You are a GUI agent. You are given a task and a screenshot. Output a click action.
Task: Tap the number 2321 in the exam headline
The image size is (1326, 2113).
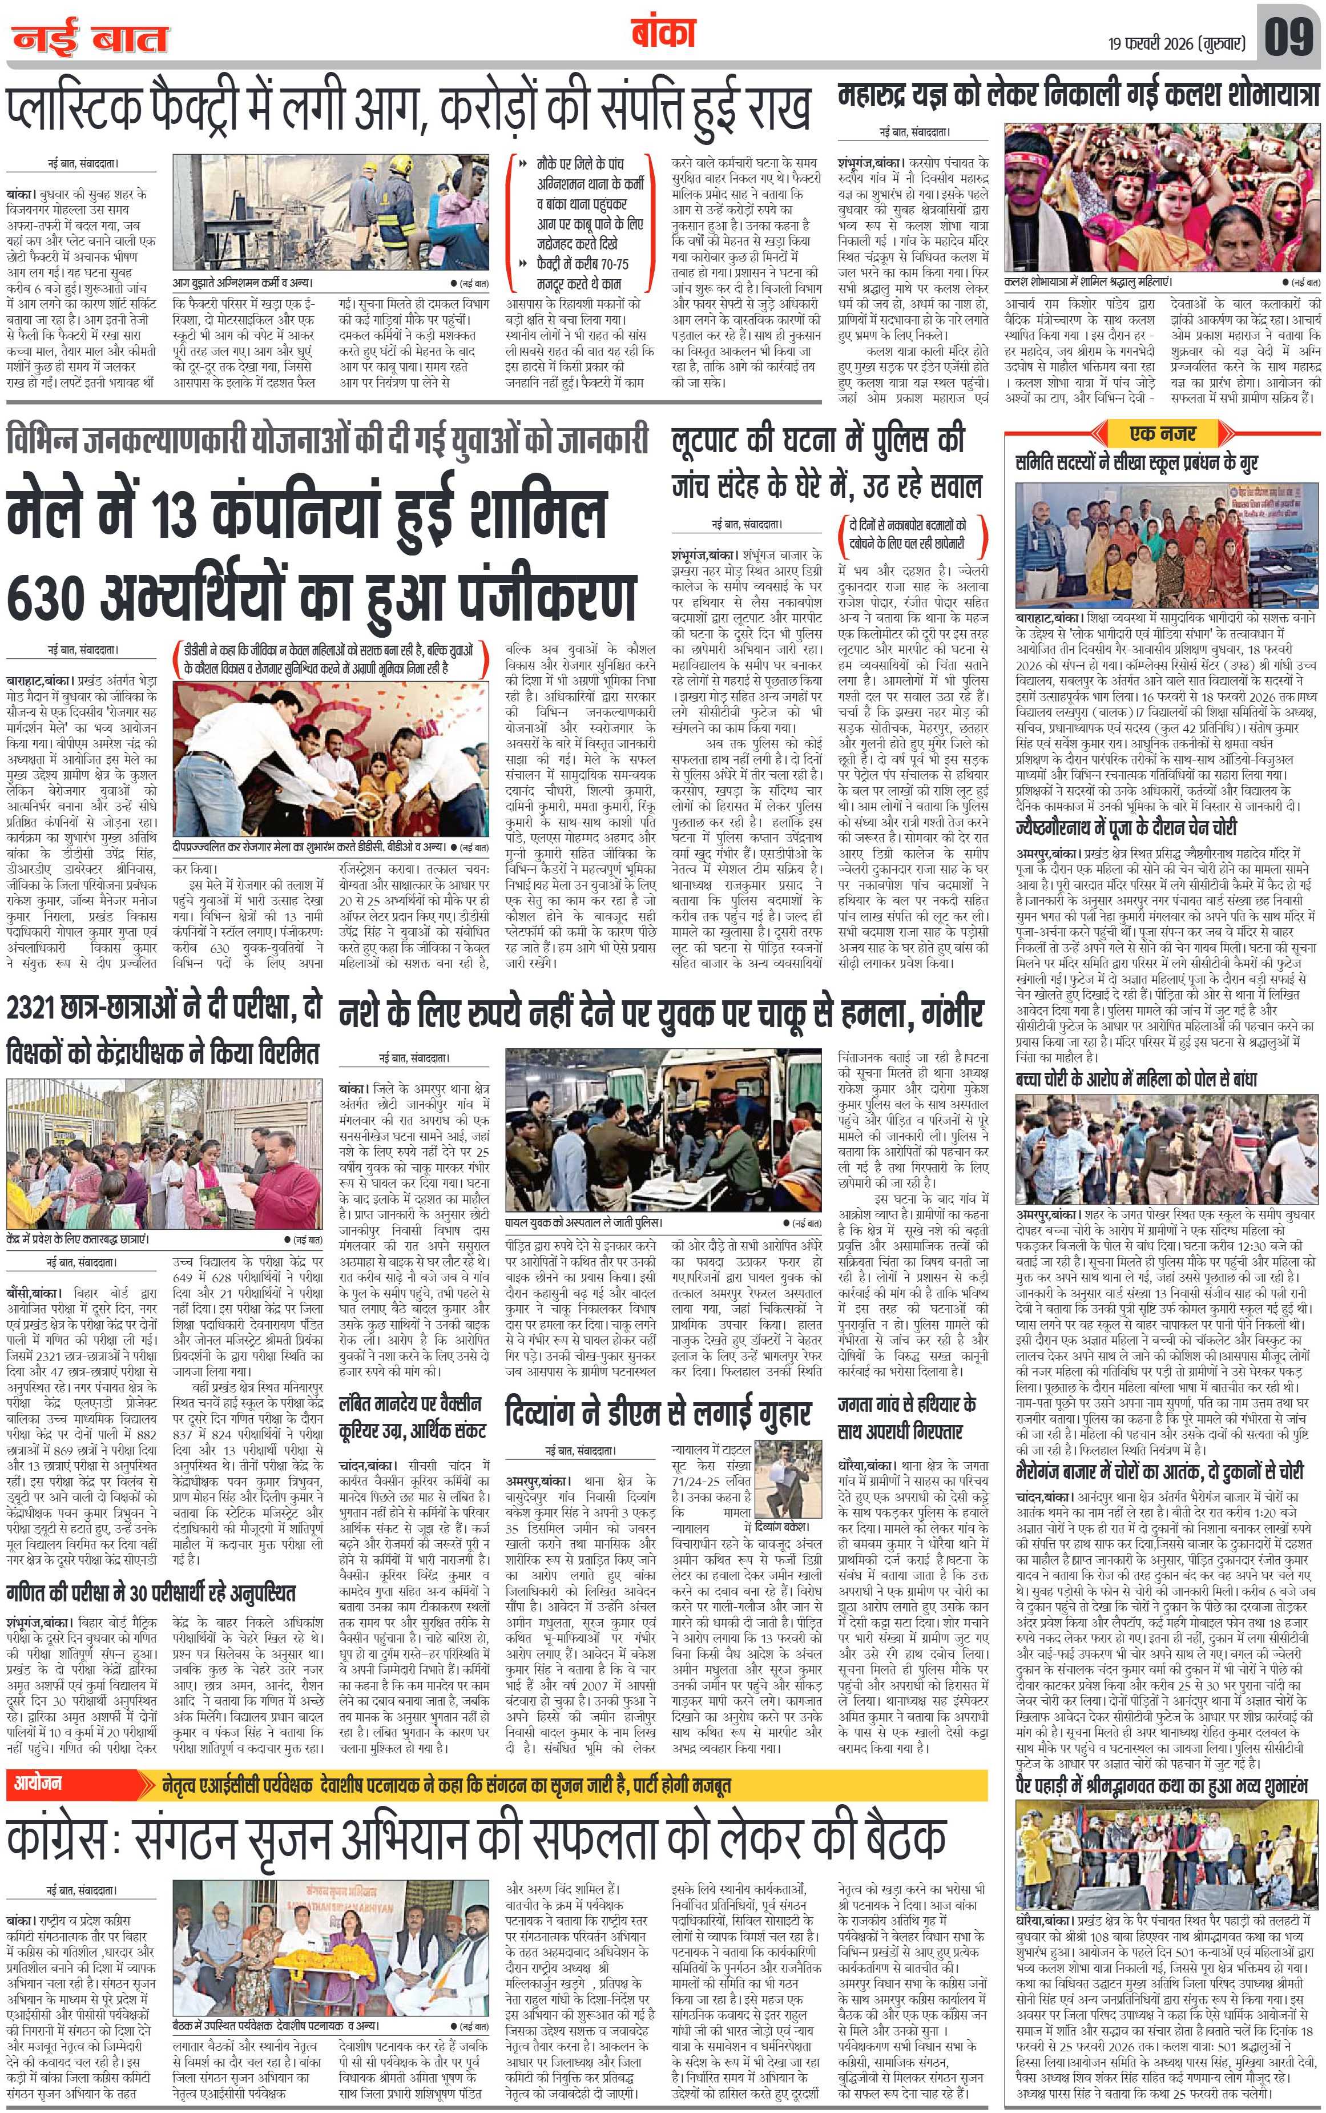41,1009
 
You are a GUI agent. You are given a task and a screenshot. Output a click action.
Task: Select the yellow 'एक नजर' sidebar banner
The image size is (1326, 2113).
1162,433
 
